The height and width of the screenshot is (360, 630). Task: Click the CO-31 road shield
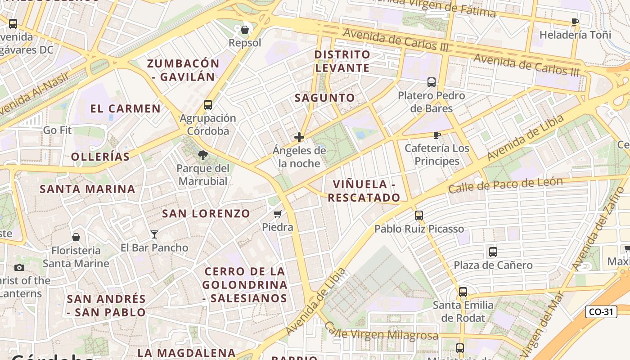(x=601, y=312)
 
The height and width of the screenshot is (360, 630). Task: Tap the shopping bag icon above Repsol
(x=245, y=30)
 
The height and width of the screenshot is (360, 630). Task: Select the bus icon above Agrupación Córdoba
(x=207, y=105)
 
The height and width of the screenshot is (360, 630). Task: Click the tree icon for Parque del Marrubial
(x=203, y=155)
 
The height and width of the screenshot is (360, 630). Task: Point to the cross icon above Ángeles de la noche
(x=299, y=137)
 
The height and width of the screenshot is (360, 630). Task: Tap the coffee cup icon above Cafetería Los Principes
(x=436, y=135)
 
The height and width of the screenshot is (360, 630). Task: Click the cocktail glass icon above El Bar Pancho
(x=154, y=234)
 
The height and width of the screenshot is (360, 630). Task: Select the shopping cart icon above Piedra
(x=278, y=214)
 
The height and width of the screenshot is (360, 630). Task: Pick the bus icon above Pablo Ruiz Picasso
(x=419, y=216)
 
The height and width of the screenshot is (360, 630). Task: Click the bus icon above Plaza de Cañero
(x=493, y=252)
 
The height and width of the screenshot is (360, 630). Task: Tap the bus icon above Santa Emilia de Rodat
(x=463, y=292)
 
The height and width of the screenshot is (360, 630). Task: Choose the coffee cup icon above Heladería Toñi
(x=575, y=22)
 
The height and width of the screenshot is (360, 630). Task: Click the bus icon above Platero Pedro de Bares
(x=431, y=82)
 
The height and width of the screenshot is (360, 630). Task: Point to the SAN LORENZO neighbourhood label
(x=206, y=214)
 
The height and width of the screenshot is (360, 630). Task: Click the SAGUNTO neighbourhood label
(x=325, y=98)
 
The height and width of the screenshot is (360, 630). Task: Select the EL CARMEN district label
(x=125, y=108)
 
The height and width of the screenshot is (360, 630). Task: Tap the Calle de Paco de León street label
(x=505, y=184)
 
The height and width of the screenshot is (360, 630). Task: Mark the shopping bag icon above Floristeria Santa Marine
(x=76, y=237)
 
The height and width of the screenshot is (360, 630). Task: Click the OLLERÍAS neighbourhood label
(x=100, y=157)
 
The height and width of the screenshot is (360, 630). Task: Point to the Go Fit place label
(x=58, y=130)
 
